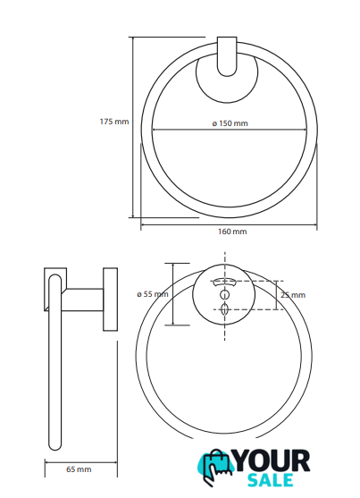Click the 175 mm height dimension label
click(x=114, y=122)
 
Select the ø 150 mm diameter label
click(x=230, y=122)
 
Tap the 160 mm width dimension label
click(x=232, y=232)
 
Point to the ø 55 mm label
click(x=153, y=294)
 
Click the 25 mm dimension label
click(x=293, y=295)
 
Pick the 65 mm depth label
click(x=79, y=469)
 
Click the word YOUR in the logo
click(x=272, y=460)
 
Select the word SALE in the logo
click(x=270, y=480)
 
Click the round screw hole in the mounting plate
click(x=225, y=295)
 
